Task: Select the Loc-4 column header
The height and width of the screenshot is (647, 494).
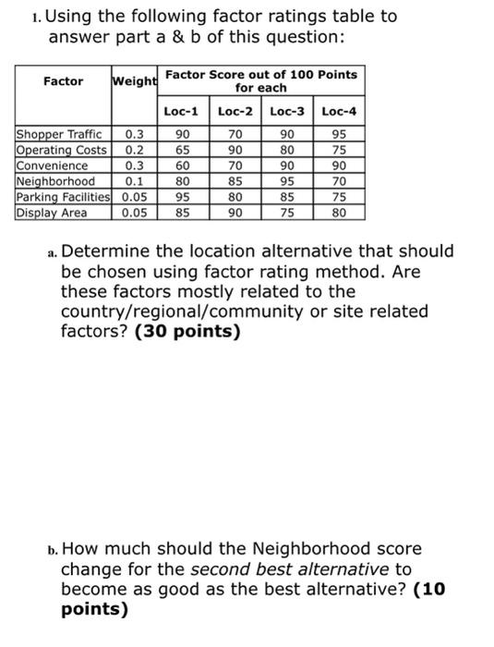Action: coord(339,112)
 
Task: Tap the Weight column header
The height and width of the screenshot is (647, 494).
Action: coord(135,81)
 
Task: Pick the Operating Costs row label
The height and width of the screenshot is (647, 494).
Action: coord(61,151)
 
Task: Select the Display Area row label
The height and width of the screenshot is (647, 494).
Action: coord(52,212)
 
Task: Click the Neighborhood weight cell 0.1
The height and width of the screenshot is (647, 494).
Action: coord(134,181)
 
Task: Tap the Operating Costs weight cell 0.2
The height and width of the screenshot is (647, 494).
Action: coord(134,151)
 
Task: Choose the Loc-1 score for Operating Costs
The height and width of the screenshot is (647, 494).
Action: coord(182,151)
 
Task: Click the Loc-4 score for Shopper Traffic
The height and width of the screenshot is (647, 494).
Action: coord(339,135)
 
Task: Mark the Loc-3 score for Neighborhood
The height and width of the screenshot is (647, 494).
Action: coord(286,181)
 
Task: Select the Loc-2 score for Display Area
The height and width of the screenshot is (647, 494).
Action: coord(235,212)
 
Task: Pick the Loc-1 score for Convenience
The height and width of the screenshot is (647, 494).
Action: coord(182,165)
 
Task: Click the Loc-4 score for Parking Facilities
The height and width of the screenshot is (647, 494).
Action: coord(339,196)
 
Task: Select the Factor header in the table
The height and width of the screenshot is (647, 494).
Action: coord(63,81)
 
